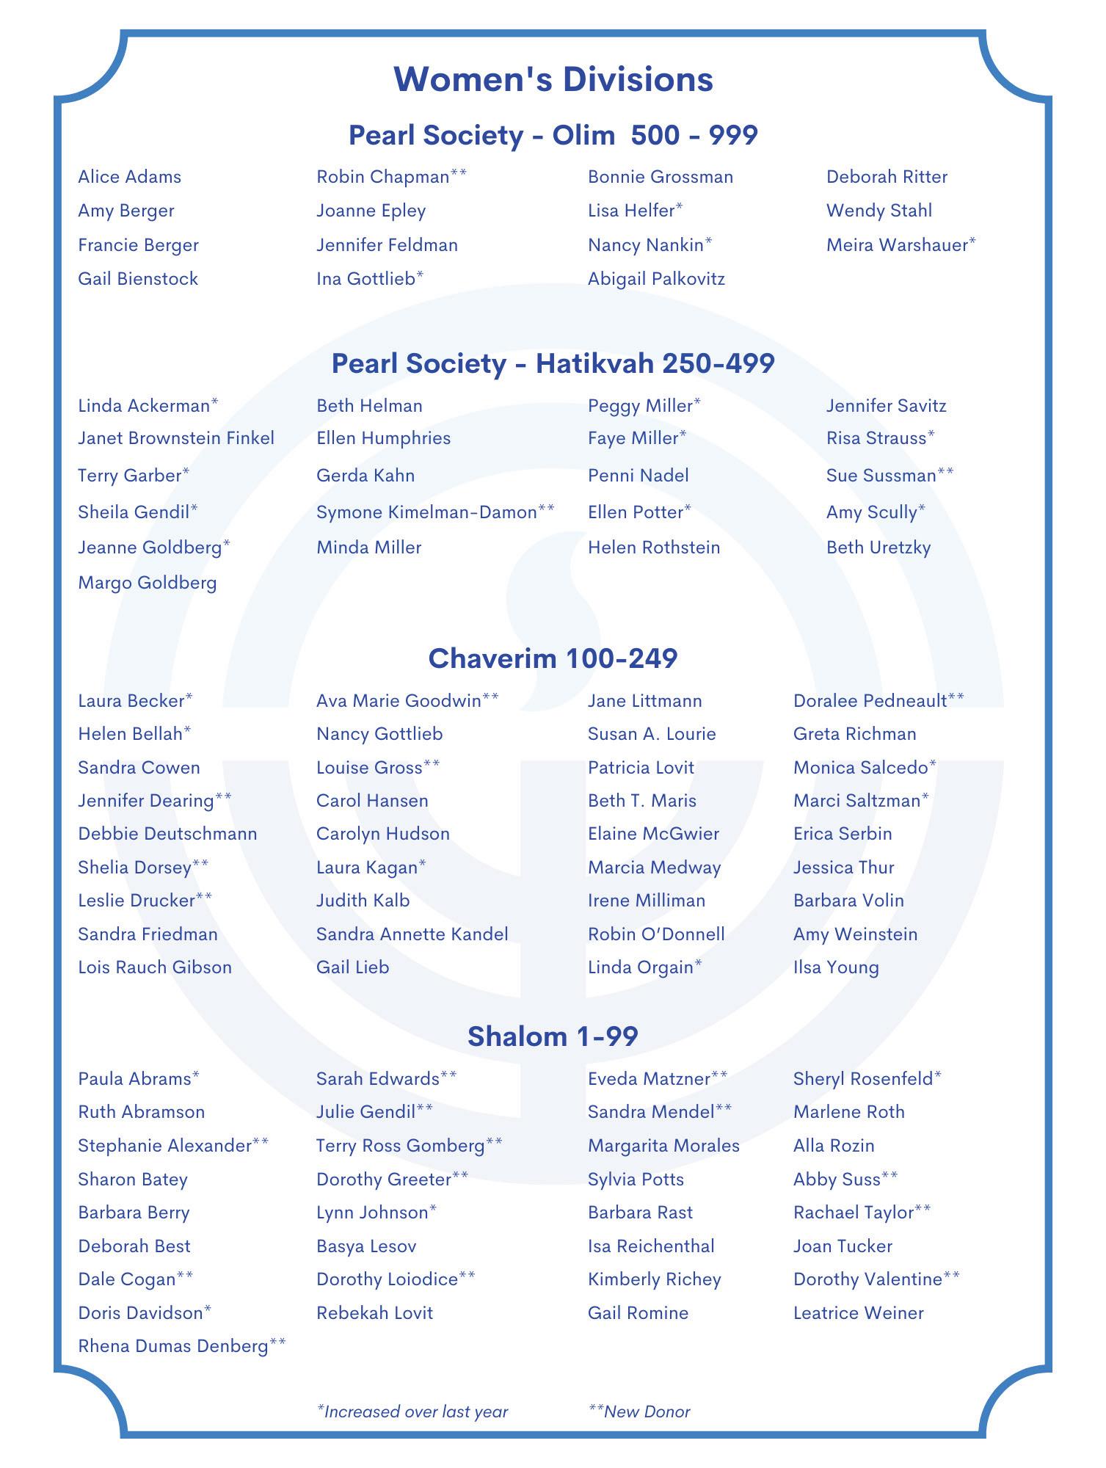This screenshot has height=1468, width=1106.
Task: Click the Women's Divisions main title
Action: [553, 79]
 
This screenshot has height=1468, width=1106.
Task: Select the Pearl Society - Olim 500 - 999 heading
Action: [553, 135]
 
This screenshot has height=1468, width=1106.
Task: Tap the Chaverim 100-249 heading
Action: [553, 658]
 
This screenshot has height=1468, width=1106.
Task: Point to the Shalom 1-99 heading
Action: [553, 1036]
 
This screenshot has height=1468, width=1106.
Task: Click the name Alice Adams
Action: [129, 177]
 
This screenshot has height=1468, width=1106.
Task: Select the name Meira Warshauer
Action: [896, 245]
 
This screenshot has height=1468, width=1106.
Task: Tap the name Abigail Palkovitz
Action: [656, 279]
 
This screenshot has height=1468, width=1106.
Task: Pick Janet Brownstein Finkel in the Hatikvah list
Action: [176, 438]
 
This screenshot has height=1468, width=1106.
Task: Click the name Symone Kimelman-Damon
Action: [426, 512]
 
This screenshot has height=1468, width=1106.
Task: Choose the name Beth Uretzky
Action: [878, 548]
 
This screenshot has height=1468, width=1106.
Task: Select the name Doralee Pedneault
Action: [870, 701]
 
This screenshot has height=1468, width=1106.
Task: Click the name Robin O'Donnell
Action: [656, 934]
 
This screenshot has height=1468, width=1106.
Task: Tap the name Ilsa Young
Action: [836, 967]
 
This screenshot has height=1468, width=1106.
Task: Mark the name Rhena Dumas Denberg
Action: [173, 1346]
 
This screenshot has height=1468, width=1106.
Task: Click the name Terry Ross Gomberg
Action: [401, 1146]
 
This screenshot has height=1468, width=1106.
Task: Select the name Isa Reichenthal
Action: [651, 1246]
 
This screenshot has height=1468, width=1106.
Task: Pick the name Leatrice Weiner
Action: [858, 1313]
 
